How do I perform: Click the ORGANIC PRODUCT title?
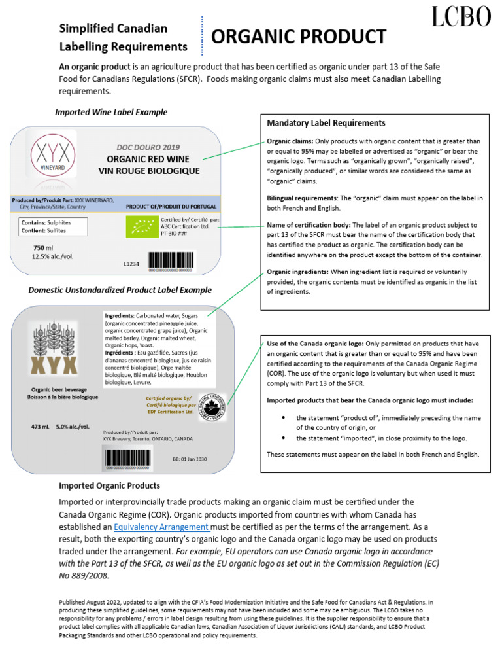[299, 37]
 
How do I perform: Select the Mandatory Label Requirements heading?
[326, 123]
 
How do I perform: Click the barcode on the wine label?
[169, 260]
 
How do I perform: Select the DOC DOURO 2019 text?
[148, 148]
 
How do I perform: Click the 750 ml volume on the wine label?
[43, 248]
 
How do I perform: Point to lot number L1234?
[132, 265]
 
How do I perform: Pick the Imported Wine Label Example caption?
[110, 112]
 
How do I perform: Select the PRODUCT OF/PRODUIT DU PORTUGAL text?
[171, 206]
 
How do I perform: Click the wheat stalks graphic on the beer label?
[54, 334]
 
